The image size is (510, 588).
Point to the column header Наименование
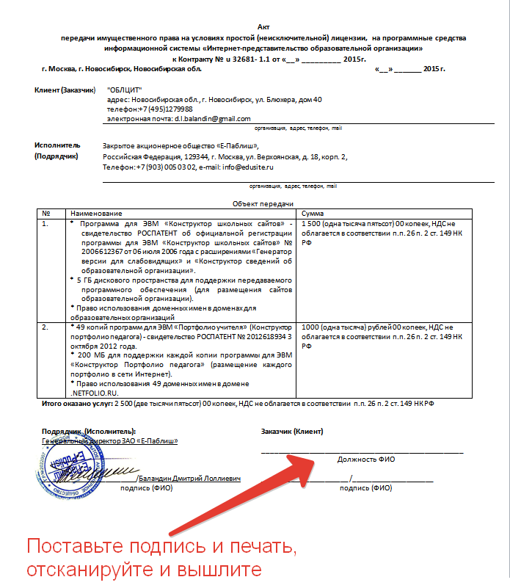(x=92, y=212)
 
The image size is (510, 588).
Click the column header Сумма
(x=313, y=212)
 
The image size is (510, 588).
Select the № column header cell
(x=45, y=212)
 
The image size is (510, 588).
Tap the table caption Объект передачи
(x=263, y=203)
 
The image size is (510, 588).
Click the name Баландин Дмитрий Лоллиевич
(x=192, y=479)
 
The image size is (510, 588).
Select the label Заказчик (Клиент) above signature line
(x=292, y=431)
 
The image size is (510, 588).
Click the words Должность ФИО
(x=365, y=459)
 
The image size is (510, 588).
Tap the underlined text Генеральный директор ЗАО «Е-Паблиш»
(x=110, y=441)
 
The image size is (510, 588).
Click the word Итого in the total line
(x=53, y=404)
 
